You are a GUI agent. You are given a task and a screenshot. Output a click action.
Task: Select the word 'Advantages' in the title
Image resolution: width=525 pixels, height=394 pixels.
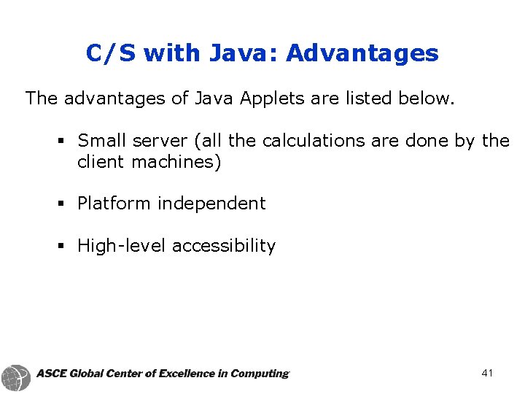click(362, 53)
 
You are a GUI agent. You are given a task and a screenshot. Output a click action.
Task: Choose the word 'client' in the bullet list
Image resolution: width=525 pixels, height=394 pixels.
click(101, 161)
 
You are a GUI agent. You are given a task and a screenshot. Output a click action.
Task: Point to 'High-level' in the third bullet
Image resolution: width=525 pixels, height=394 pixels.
click(122, 246)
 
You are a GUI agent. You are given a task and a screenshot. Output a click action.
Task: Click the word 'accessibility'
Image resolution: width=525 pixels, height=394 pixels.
click(224, 246)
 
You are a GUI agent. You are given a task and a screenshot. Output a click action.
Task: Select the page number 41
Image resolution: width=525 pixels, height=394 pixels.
click(487, 374)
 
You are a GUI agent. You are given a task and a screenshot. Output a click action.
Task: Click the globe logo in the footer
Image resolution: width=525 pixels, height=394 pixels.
click(16, 376)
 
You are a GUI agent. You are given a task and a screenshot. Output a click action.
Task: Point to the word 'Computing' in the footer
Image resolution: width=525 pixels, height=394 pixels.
click(259, 374)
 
